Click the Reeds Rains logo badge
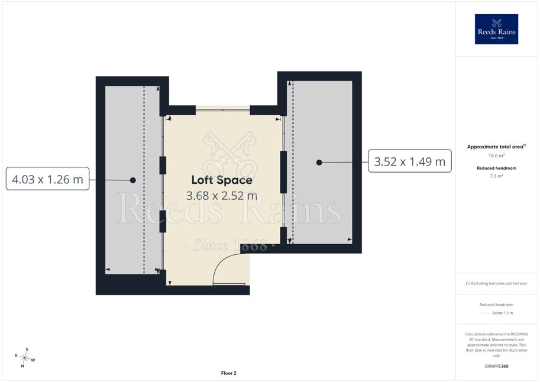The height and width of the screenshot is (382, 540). (496, 29)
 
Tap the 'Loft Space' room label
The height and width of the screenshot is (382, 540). (222, 180)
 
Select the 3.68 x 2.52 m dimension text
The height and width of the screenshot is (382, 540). (222, 196)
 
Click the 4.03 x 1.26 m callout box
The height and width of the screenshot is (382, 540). (47, 179)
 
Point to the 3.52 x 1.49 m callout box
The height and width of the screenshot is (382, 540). (410, 161)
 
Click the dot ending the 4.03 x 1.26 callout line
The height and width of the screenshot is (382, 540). (133, 180)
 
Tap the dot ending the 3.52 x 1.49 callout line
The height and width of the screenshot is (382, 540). (319, 162)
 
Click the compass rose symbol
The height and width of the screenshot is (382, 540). (24, 358)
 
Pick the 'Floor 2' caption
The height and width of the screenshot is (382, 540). (229, 373)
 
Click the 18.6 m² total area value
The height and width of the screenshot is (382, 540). (496, 156)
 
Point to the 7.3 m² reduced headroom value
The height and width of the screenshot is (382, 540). (496, 176)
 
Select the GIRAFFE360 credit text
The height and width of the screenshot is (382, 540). (496, 366)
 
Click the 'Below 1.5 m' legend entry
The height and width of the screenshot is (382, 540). (503, 313)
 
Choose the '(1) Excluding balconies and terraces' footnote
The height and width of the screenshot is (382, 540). (496, 283)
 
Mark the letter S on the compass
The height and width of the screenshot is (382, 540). (27, 349)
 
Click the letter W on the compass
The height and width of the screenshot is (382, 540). (33, 360)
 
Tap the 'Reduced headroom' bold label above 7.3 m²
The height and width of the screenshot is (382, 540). (496, 168)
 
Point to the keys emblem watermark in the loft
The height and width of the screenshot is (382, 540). (230, 154)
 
